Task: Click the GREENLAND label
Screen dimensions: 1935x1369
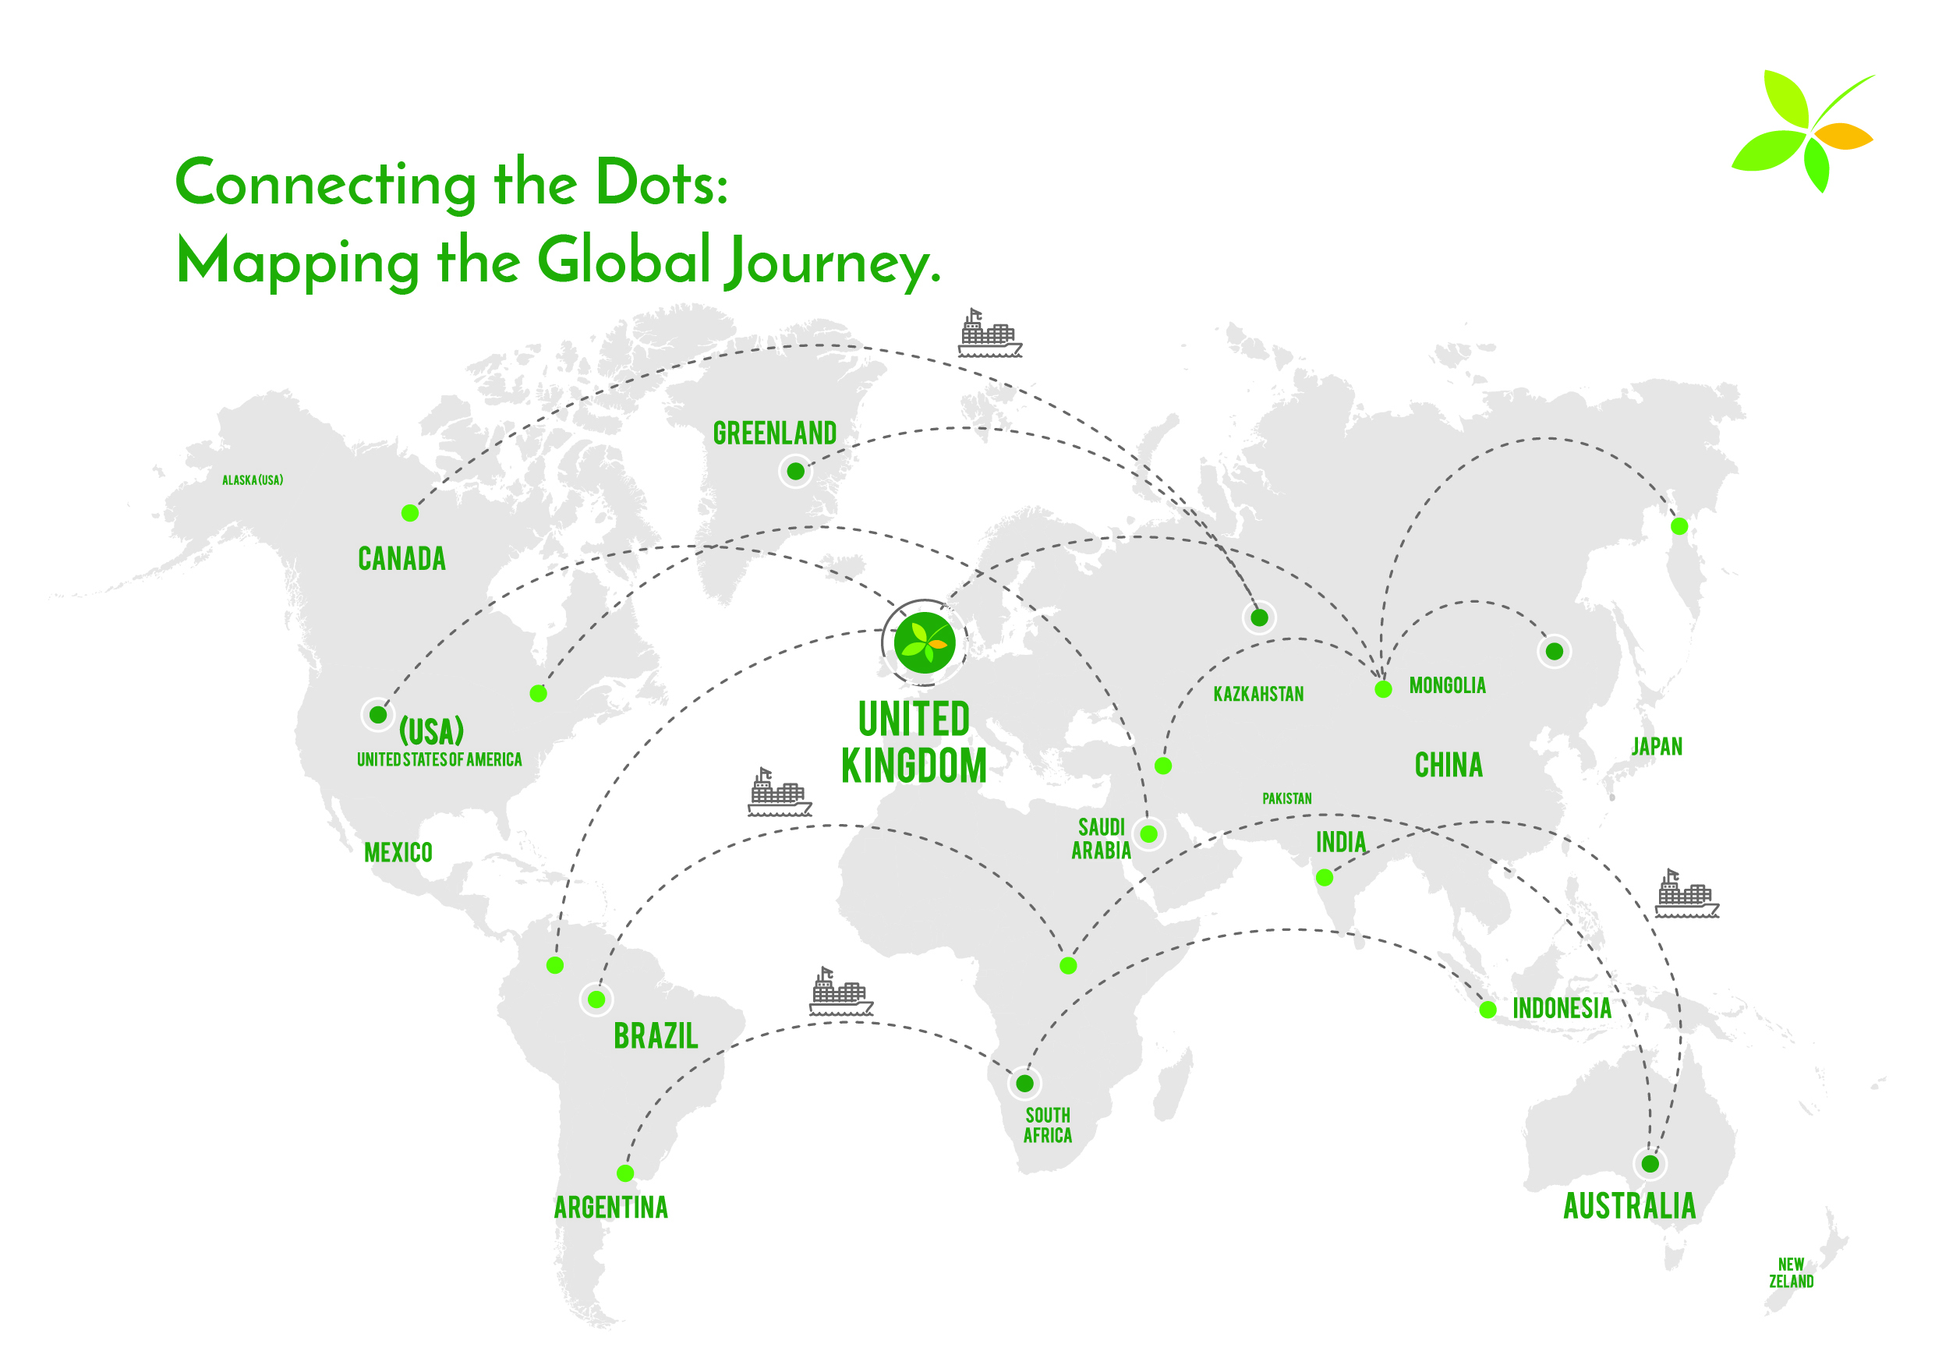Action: pyautogui.click(x=774, y=433)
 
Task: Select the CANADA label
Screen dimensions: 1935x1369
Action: pyautogui.click(x=402, y=559)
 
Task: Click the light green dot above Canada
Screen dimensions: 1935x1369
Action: pyautogui.click(x=410, y=512)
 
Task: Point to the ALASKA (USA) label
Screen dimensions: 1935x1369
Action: pyautogui.click(x=253, y=480)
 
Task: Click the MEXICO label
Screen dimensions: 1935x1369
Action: pyautogui.click(x=398, y=853)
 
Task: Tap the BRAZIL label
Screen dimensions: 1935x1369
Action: pyautogui.click(x=656, y=1036)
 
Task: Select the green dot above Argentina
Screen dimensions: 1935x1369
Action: pyautogui.click(x=625, y=1173)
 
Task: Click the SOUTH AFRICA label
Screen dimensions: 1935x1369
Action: pyautogui.click(x=1048, y=1126)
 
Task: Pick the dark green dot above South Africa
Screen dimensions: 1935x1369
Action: pyautogui.click(x=1025, y=1083)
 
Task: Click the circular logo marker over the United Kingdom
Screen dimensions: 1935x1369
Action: pyautogui.click(x=925, y=642)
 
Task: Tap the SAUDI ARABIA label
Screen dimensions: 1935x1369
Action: pyautogui.click(x=1101, y=839)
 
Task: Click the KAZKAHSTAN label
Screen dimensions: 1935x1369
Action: pyautogui.click(x=1258, y=694)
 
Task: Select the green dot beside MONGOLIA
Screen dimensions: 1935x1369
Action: pyautogui.click(x=1383, y=689)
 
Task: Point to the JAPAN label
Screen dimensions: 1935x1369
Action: pyautogui.click(x=1657, y=747)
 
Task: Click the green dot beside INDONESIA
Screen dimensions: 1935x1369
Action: pyautogui.click(x=1488, y=1010)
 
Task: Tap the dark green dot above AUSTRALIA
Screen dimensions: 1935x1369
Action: pyautogui.click(x=1650, y=1164)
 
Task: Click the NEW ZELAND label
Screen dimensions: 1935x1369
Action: pyautogui.click(x=1791, y=1273)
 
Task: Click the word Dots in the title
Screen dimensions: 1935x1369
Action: pyautogui.click(x=662, y=182)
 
